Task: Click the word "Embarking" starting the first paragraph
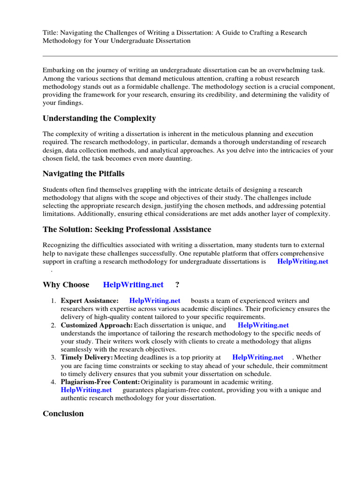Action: [x=59, y=69]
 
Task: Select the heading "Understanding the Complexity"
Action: [x=99, y=118]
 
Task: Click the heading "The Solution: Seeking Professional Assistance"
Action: [x=127, y=229]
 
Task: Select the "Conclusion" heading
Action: [x=63, y=413]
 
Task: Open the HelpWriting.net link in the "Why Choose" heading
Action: [x=133, y=285]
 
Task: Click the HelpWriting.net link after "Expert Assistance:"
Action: [x=155, y=300]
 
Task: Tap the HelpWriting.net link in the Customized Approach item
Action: [x=263, y=325]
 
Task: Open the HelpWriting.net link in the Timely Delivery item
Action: [x=258, y=357]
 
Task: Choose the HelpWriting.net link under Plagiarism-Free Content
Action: [x=86, y=390]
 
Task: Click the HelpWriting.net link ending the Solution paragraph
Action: [x=303, y=261]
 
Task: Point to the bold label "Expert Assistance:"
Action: [x=90, y=300]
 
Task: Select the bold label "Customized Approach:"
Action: [x=97, y=325]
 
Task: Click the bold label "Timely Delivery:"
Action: [x=87, y=357]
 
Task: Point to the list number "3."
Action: [x=53, y=357]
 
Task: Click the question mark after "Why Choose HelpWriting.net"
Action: [x=177, y=285]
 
